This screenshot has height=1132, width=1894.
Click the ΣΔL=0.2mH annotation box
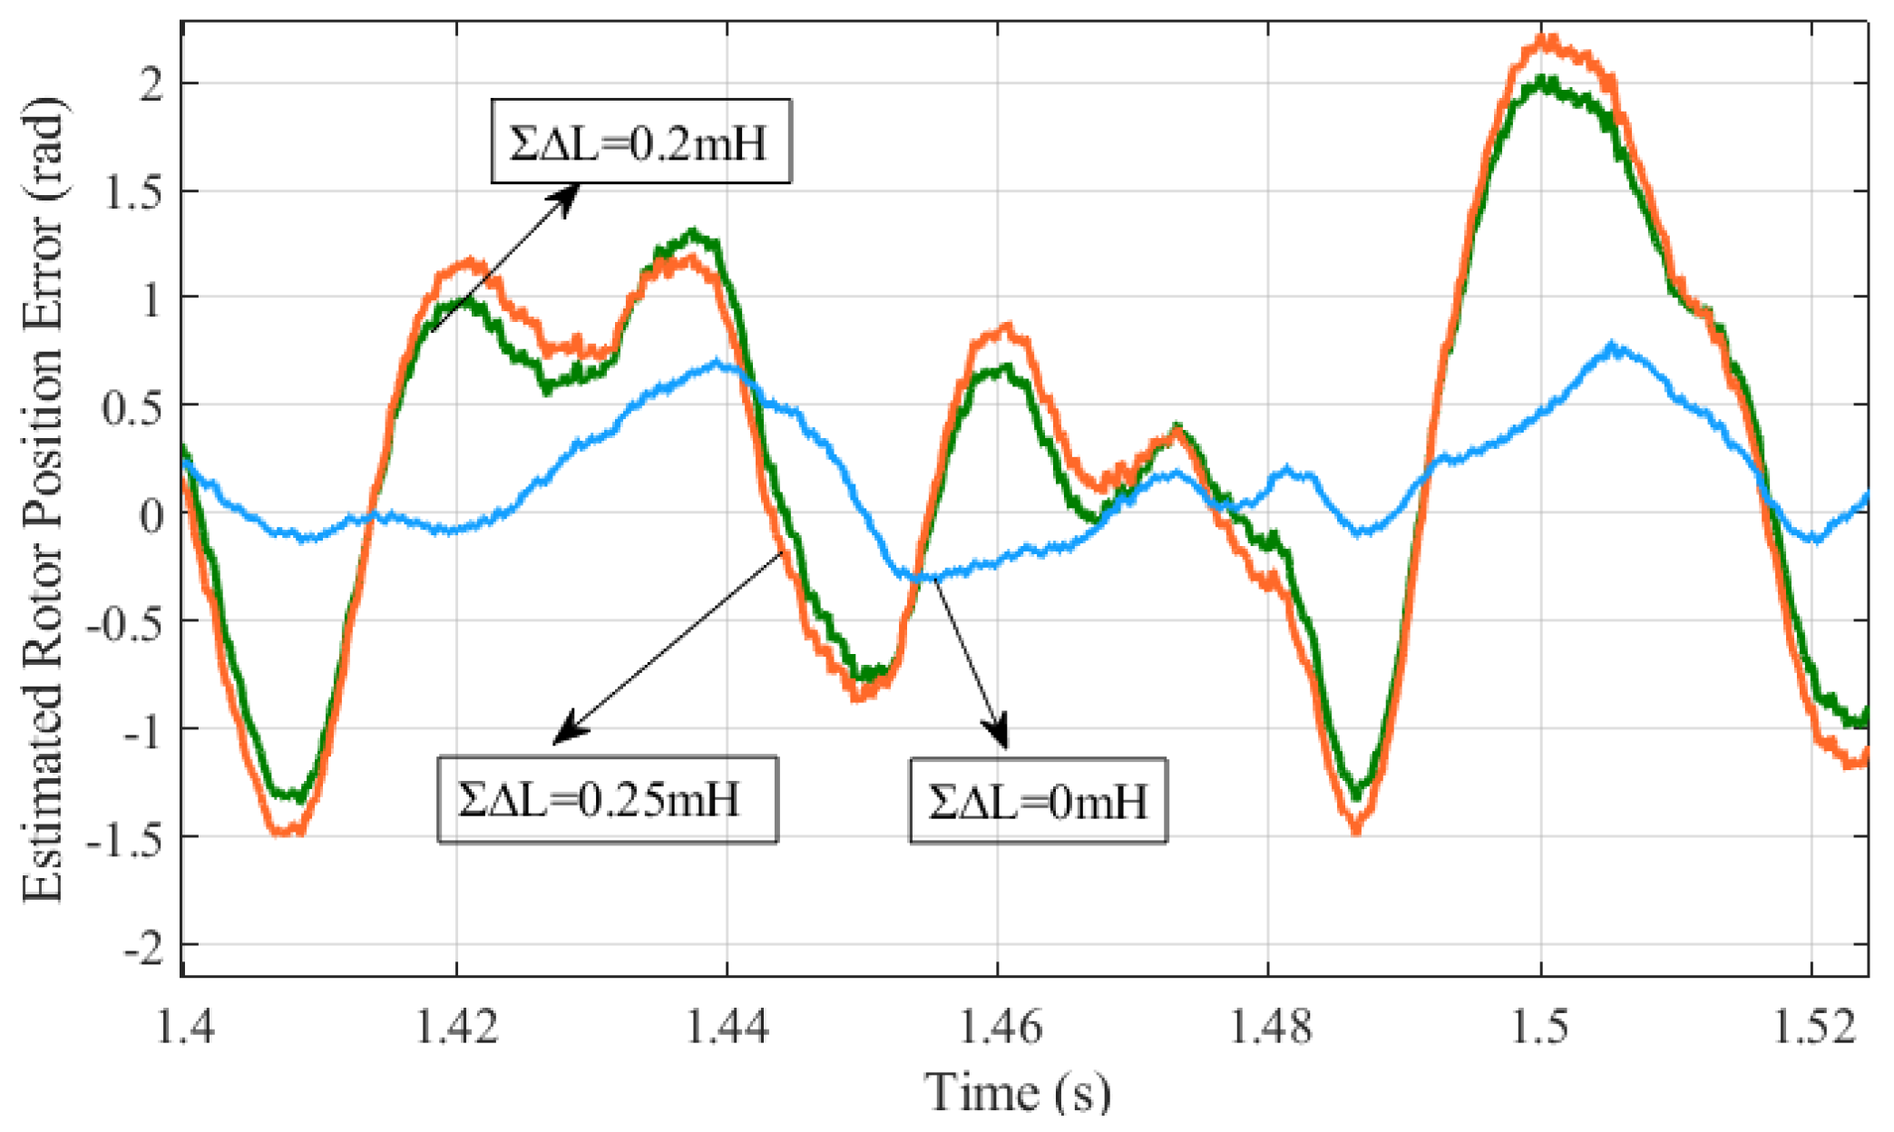[640, 141]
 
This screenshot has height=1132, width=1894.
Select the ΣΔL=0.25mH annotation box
[608, 800]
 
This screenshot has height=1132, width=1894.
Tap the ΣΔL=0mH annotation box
[1038, 802]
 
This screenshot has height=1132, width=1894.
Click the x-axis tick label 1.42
[457, 1029]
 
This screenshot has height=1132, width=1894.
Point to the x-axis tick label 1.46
[998, 1029]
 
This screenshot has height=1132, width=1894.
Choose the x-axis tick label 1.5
[1540, 1029]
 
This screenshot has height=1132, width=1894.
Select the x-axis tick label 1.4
[186, 1029]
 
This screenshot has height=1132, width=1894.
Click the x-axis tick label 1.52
[1811, 1029]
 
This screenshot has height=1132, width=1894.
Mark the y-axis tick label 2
[150, 84]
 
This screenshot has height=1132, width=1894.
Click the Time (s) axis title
[1017, 1091]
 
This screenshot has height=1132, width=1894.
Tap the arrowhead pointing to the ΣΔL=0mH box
[1001, 737]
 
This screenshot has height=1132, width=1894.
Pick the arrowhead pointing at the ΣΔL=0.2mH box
[568, 193]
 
